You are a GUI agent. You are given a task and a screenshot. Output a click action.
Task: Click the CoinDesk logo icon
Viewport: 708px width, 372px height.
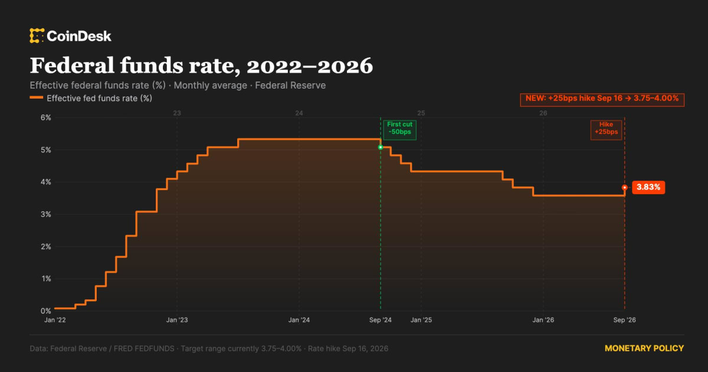[x=37, y=36]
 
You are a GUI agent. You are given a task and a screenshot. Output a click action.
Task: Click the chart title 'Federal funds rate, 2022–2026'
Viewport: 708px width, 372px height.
[x=201, y=66]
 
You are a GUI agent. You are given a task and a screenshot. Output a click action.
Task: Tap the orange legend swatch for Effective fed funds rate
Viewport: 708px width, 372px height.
[x=37, y=97]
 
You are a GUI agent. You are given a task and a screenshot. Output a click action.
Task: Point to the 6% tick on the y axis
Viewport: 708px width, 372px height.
[x=46, y=118]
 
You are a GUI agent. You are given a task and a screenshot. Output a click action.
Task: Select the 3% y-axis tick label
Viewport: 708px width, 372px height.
[x=46, y=214]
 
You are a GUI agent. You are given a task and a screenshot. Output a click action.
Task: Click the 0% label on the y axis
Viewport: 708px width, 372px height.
[x=46, y=311]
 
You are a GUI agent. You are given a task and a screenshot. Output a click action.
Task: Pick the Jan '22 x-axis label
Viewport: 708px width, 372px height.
[x=55, y=320]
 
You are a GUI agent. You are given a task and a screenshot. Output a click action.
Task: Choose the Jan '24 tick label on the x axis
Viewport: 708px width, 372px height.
[x=299, y=320]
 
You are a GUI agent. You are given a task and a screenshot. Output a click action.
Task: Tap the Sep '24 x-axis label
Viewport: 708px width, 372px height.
[x=381, y=320]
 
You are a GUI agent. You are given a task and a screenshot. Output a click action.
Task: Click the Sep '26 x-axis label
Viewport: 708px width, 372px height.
[x=625, y=320]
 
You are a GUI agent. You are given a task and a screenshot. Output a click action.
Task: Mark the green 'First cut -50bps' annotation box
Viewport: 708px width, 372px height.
[x=400, y=130]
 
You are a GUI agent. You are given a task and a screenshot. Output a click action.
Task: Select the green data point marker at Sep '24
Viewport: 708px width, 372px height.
[x=381, y=148]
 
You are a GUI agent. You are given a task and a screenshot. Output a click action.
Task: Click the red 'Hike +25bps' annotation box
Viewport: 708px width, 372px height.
[x=607, y=130]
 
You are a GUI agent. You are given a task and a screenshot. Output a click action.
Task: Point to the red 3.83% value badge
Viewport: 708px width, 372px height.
[x=648, y=187]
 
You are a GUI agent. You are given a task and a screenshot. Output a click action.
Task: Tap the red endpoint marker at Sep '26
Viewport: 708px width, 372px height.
[x=625, y=188]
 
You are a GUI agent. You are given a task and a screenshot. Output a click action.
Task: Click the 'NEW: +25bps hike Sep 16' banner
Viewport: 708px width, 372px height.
[x=602, y=100]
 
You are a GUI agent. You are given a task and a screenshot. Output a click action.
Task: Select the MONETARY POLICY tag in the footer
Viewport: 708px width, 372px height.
[x=644, y=348]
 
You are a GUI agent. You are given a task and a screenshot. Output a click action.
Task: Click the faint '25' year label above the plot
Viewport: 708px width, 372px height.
[x=421, y=113]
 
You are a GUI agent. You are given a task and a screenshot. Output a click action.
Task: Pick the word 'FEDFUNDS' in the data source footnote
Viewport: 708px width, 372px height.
[x=144, y=348]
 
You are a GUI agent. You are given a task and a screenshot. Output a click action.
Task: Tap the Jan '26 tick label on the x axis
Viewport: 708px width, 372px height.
[x=543, y=320]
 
